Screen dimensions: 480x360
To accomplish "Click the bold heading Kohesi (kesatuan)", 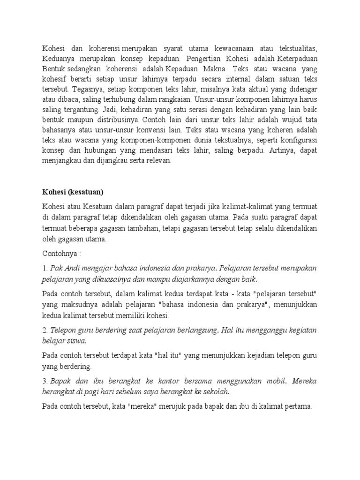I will tap(73, 192).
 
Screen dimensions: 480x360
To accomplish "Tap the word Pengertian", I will tap(206, 59).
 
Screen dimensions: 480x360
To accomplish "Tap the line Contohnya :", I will tap(62, 254).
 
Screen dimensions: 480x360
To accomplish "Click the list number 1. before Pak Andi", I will tap(45, 269).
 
